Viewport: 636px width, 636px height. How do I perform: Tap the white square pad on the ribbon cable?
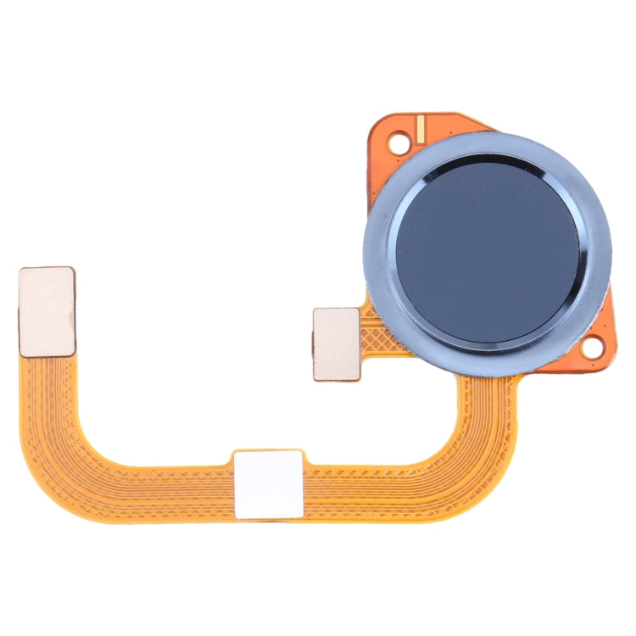point(268,483)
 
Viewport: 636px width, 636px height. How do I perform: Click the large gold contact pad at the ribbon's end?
point(47,310)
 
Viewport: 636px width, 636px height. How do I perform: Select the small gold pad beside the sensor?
point(336,343)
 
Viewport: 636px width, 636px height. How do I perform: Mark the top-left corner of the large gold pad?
point(21,271)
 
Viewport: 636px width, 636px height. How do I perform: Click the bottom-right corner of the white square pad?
point(301,516)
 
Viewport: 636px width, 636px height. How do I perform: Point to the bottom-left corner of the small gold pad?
point(315,378)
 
